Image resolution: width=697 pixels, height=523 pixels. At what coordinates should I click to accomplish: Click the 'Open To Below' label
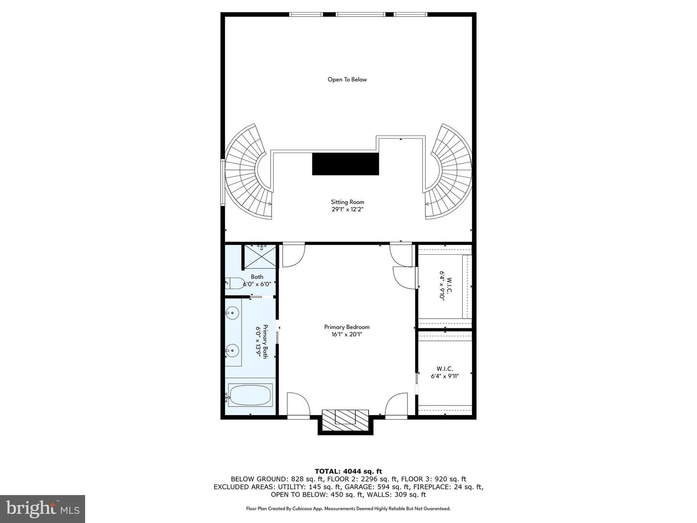pyautogui.click(x=347, y=79)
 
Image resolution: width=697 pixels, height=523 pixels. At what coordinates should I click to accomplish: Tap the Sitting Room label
pyautogui.click(x=347, y=202)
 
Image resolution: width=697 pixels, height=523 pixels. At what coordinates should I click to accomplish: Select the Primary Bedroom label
pyautogui.click(x=347, y=327)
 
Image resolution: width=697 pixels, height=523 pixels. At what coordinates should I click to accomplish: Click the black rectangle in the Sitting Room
pyautogui.click(x=345, y=164)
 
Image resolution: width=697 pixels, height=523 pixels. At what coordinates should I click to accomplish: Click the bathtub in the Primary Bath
pyautogui.click(x=250, y=395)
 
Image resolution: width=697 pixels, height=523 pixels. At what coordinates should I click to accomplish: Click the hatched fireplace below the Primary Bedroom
pyautogui.click(x=346, y=417)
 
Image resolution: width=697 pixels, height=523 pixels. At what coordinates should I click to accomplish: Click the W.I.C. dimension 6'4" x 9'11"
pyautogui.click(x=444, y=375)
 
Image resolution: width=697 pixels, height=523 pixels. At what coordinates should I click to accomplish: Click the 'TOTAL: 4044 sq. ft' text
pyautogui.click(x=348, y=471)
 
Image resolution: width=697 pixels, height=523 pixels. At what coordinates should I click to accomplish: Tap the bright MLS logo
pyautogui.click(x=43, y=508)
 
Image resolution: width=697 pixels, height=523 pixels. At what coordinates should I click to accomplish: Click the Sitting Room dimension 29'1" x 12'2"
pyautogui.click(x=347, y=210)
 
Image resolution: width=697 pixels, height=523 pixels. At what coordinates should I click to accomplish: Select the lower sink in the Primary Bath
pyautogui.click(x=233, y=350)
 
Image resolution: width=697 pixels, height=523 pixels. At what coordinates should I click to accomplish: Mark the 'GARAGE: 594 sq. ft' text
pyautogui.click(x=398, y=487)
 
